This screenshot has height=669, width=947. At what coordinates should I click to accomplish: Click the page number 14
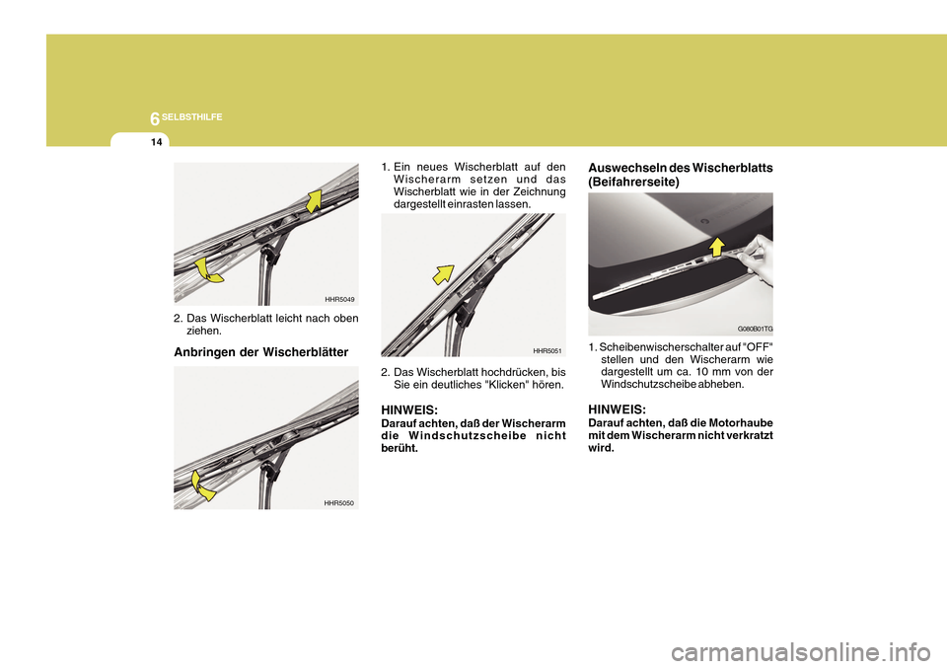point(157,143)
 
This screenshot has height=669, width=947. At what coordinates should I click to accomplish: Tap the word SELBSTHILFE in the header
point(192,117)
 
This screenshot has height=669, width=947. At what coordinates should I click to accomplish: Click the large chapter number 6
point(155,119)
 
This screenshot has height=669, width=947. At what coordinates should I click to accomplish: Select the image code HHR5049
point(339,299)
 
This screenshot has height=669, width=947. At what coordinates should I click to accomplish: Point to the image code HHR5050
point(338,503)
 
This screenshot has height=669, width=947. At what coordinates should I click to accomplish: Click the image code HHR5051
point(547,350)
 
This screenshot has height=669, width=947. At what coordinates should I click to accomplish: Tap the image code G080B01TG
point(755,329)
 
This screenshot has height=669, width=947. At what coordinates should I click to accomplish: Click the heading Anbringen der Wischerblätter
point(260,352)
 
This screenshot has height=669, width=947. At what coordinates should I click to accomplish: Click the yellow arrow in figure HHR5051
point(443,274)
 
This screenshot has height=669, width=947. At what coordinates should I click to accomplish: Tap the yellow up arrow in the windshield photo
point(717,247)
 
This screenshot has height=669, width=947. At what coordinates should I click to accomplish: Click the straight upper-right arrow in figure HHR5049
point(314,201)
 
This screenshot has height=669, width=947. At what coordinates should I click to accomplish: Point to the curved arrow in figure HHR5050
point(201,487)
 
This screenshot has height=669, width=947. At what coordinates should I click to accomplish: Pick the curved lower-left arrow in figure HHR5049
point(207,270)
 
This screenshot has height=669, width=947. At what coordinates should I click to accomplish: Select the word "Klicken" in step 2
point(506,385)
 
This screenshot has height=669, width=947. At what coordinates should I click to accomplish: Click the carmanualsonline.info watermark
point(801,652)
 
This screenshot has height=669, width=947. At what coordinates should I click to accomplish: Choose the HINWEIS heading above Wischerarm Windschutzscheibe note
point(409,410)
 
